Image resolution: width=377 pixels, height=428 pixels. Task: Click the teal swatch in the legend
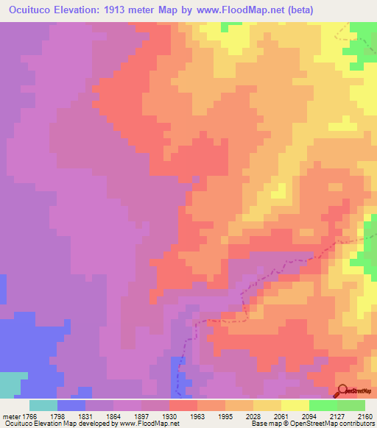[43, 405]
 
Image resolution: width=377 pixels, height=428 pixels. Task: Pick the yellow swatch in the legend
[295, 405]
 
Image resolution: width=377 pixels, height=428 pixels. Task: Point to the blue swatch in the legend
[71, 405]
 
